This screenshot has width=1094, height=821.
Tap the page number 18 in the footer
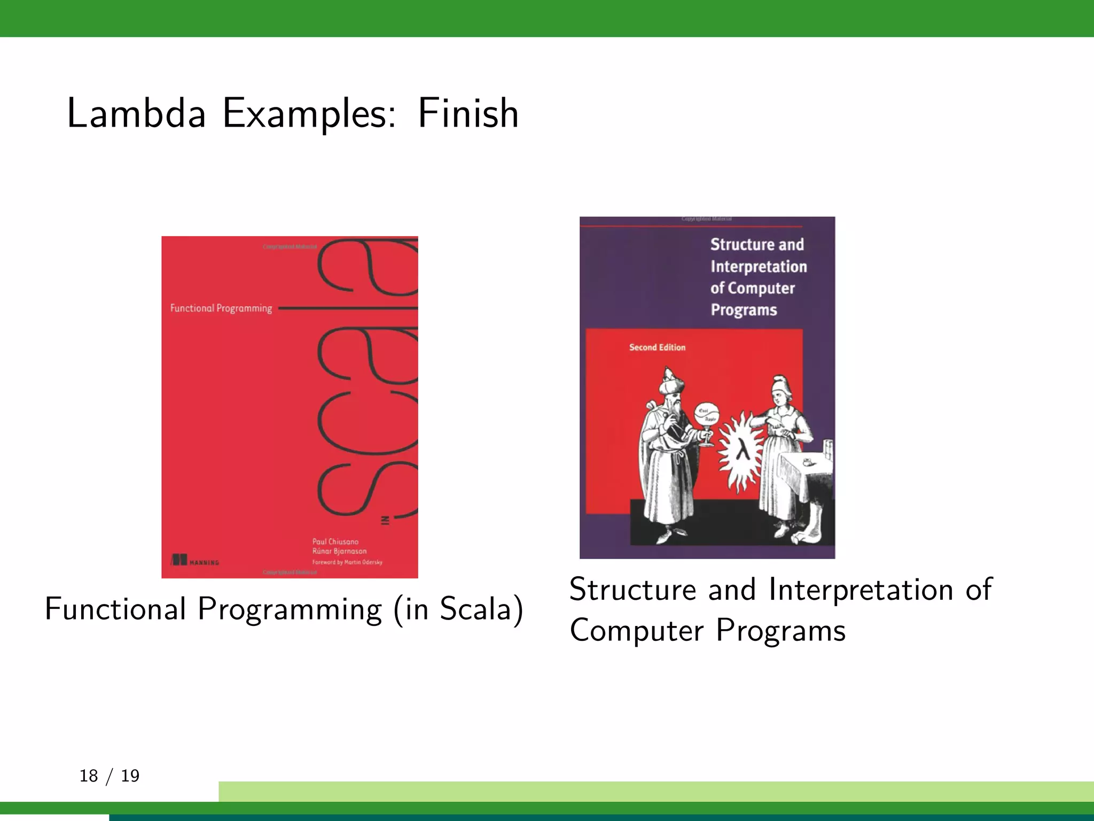89,776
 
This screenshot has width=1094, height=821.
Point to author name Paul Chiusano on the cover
335,541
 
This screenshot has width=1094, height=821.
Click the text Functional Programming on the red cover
221,308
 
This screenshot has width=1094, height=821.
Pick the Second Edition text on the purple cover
657,347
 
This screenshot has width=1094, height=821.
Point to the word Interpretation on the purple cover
759,266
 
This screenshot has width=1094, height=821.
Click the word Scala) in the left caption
481,609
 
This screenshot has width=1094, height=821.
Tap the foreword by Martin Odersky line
347,562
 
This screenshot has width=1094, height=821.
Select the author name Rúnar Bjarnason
340,551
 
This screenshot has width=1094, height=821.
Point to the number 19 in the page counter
130,776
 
